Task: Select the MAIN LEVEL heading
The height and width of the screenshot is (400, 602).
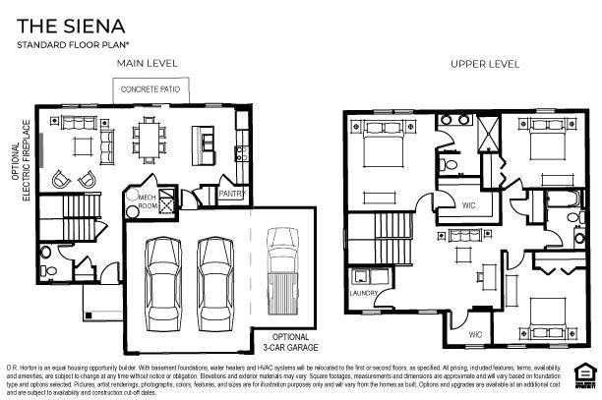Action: click(x=147, y=63)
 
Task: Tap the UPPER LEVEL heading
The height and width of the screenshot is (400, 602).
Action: click(x=485, y=64)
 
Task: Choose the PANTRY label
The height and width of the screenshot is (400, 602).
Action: click(x=230, y=194)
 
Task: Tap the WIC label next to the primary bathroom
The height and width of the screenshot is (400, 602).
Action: click(x=470, y=204)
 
